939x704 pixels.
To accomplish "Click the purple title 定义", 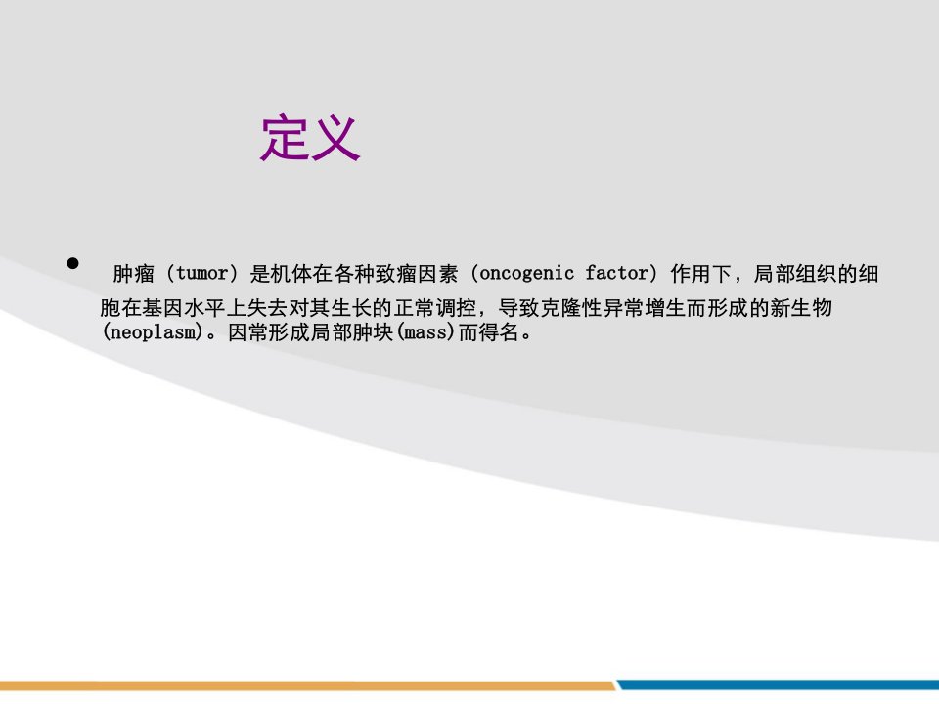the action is click(310, 138).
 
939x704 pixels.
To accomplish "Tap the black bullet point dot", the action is click(73, 263).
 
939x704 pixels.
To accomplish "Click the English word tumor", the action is click(201, 274).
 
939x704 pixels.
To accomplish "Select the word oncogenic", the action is click(527, 274).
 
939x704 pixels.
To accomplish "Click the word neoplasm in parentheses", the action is click(153, 332).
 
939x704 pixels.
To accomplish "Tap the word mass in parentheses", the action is click(425, 332).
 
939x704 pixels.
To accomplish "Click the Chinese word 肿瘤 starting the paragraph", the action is click(134, 274).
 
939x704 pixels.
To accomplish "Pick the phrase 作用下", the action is click(701, 274).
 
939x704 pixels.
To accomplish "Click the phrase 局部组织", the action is click(794, 274).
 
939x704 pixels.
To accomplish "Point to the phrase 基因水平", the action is click(183, 308).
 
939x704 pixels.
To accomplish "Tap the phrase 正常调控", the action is click(435, 308).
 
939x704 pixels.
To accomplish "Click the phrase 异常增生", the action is click(645, 308).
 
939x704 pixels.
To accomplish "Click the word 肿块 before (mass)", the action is click(373, 332).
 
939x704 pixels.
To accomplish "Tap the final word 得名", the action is click(499, 332).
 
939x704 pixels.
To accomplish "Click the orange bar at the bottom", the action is click(308, 685).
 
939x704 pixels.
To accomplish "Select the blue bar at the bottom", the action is click(779, 684).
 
